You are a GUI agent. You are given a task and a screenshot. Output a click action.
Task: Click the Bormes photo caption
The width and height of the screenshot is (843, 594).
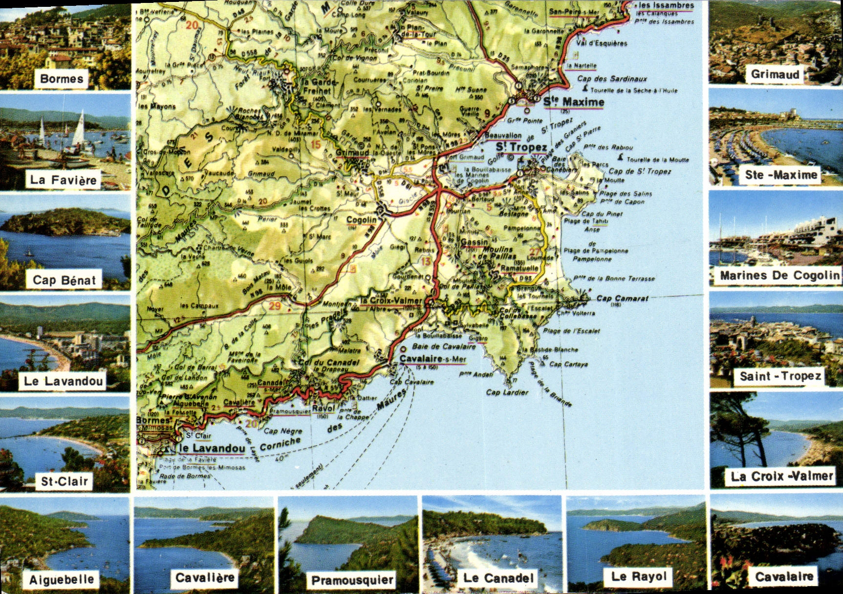[62, 79]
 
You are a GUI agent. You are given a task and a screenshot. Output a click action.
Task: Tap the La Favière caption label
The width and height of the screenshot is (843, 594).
[63, 180]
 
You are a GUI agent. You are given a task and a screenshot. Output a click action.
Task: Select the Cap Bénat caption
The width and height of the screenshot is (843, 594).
[64, 280]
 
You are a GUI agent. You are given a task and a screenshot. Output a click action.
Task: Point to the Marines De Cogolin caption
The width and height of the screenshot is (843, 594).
[779, 275]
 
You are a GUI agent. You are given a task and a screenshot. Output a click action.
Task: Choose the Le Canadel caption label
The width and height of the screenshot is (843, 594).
[498, 578]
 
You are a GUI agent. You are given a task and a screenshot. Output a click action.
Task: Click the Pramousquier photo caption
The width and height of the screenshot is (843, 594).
[352, 580]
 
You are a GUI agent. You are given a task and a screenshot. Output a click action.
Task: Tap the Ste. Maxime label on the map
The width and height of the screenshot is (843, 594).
[574, 102]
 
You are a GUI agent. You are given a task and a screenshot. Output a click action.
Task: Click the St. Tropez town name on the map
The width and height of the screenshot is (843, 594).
[521, 147]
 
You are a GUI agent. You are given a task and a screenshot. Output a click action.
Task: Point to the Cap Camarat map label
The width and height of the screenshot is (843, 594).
[622, 298]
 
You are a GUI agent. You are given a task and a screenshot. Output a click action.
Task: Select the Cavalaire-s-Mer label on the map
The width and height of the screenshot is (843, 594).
[432, 359]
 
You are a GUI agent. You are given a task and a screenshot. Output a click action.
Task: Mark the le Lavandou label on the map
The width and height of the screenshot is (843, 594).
[212, 448]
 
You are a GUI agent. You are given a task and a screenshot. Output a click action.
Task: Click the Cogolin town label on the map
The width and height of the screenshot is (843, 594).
[362, 220]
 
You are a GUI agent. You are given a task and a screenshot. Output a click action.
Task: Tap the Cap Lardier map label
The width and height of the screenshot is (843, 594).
[507, 392]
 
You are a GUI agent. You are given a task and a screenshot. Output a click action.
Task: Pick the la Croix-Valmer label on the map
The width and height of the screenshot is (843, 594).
[391, 300]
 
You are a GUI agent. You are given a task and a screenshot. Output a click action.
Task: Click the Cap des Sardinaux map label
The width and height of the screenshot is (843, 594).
[612, 78]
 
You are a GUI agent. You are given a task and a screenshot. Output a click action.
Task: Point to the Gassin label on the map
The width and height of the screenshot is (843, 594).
[474, 242]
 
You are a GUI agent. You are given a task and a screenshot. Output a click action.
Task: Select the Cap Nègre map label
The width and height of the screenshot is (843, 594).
[283, 431]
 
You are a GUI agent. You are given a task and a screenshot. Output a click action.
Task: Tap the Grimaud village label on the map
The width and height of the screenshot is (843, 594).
[352, 153]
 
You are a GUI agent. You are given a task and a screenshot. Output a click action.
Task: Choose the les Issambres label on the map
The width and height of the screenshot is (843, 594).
[667, 5]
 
